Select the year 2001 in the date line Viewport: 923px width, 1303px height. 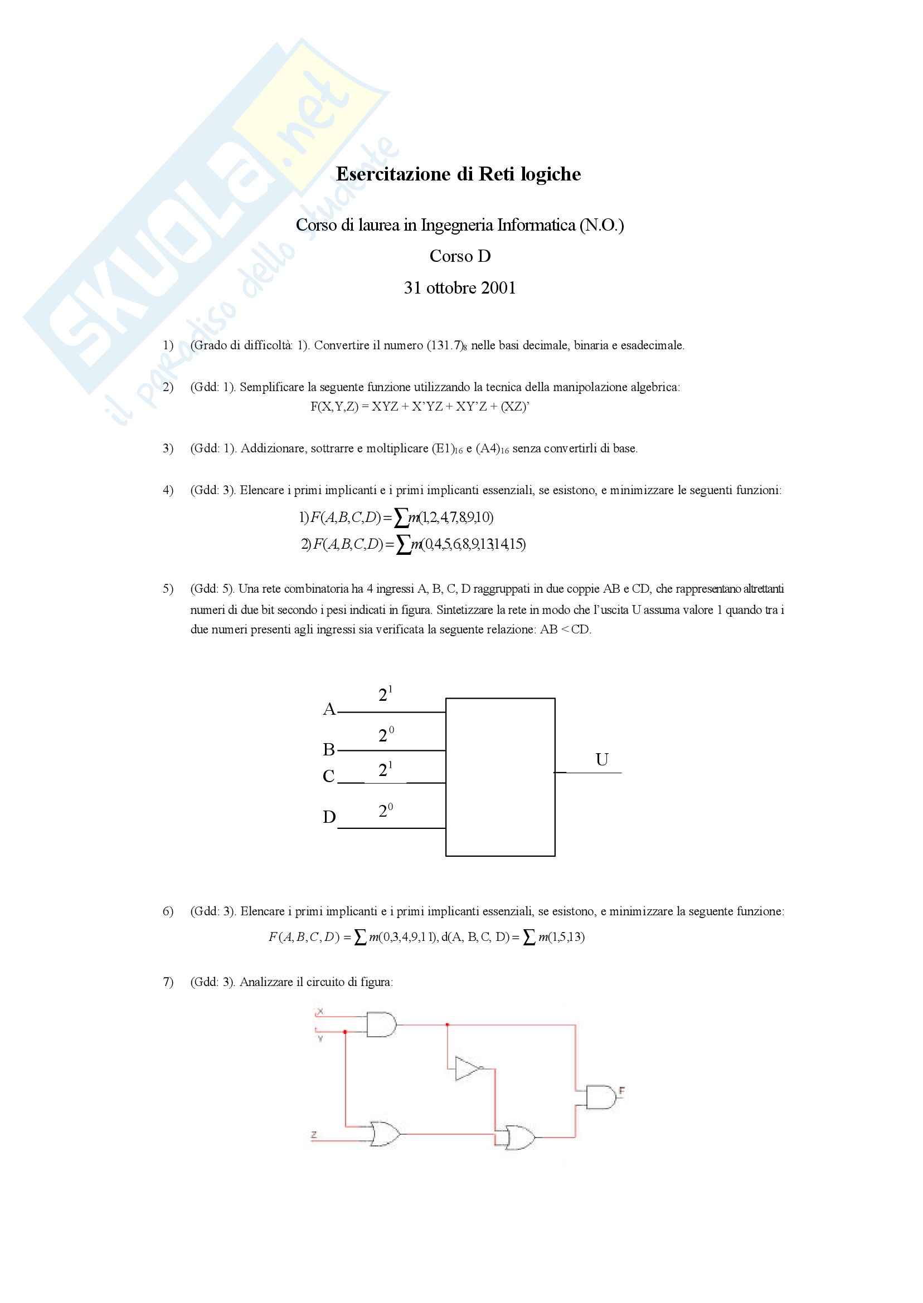498,288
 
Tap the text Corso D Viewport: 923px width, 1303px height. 460,256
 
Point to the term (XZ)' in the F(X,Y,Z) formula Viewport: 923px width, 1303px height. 515,407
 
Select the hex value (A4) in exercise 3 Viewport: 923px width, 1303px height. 488,448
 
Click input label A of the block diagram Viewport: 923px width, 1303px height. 329,709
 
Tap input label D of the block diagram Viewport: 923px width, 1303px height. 329,817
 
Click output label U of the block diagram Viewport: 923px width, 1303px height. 602,759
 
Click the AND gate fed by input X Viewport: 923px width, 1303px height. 381,1024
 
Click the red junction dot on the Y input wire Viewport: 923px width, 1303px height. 345,1032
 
